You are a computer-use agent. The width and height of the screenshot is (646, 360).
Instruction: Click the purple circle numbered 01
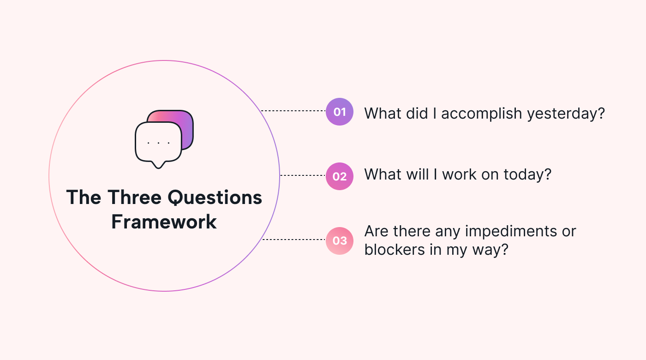(x=340, y=112)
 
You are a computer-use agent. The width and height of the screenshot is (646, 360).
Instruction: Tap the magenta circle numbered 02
(x=340, y=176)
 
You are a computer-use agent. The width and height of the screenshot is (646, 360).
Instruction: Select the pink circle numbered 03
(x=340, y=241)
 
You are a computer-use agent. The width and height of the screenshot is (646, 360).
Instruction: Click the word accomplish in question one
(x=482, y=114)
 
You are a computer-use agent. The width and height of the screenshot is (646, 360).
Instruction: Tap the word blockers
(x=395, y=249)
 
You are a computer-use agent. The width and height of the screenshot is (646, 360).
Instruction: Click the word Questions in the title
(x=215, y=198)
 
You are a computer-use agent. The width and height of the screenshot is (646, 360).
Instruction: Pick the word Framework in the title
(x=164, y=222)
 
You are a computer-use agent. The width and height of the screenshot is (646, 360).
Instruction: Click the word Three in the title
(x=134, y=198)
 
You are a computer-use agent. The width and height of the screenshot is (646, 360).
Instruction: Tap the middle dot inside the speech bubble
(x=158, y=143)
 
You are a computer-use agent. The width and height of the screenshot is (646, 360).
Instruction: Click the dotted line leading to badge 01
(x=293, y=110)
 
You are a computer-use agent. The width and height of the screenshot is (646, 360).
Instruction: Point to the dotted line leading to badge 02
(x=303, y=175)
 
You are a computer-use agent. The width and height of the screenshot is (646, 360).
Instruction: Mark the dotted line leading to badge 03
(x=294, y=240)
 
